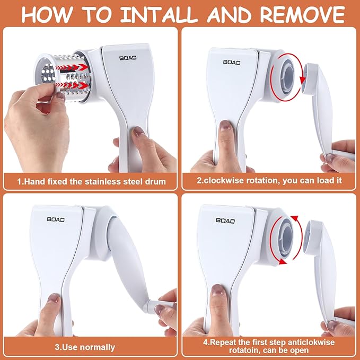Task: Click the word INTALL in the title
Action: click(159, 15)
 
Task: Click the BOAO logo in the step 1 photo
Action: click(128, 58)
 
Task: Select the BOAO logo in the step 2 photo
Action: click(232, 62)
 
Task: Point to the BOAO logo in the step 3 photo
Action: click(56, 219)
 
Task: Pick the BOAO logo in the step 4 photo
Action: click(225, 221)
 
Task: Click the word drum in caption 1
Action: click(155, 182)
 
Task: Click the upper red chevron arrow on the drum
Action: click(72, 67)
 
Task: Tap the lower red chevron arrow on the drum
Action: click(72, 85)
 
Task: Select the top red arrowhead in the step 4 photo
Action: click(295, 218)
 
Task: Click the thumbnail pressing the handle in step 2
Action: click(225, 126)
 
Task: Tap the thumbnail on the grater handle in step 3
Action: click(54, 298)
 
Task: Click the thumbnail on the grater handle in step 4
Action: click(217, 290)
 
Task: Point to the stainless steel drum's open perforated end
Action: click(48, 73)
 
